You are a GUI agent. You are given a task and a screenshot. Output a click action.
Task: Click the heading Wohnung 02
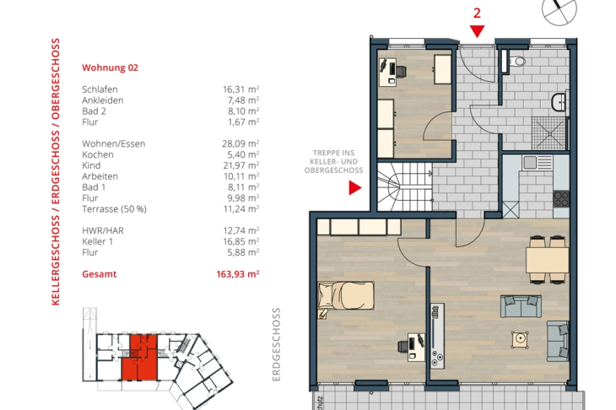coord(110,67)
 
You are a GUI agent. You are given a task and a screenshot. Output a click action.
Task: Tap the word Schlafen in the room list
coord(100,89)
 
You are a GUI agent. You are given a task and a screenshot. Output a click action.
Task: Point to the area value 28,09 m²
coord(240,143)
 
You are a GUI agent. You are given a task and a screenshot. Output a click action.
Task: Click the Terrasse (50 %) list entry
coord(114,209)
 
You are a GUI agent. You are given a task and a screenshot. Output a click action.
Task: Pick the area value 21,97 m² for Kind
coord(240,165)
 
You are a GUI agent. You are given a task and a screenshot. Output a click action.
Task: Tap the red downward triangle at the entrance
coord(477,32)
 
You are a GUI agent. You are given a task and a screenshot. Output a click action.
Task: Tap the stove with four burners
coord(561,199)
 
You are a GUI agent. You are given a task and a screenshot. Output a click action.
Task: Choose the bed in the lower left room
coord(344,296)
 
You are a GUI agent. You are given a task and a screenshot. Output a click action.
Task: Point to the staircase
coord(403,190)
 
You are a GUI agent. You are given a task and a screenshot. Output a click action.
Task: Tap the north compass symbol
coord(559,8)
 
